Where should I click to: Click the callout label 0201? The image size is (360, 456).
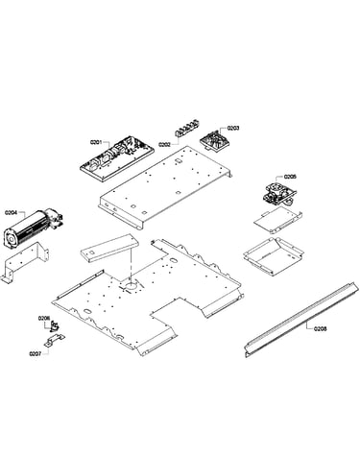point(96,142)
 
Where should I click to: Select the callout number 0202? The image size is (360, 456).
point(164,145)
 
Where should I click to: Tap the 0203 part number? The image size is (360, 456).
point(233,129)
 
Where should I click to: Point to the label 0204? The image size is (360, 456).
point(11,212)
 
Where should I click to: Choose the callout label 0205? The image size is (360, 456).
point(290,177)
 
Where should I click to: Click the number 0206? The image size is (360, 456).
point(44,318)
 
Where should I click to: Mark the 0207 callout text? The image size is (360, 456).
point(36,354)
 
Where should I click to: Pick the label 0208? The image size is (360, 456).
point(320,328)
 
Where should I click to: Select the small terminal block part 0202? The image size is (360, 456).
point(187,128)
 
